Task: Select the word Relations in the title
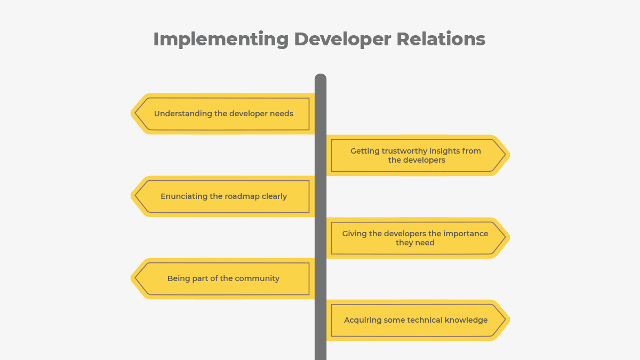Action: [441, 39]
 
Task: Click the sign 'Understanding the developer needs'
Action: [224, 114]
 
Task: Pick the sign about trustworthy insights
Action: [416, 155]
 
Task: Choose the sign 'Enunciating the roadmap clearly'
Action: [224, 196]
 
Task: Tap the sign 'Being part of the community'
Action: [224, 278]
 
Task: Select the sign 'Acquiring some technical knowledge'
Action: [416, 320]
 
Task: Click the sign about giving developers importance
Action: [416, 238]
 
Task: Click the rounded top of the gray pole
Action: [321, 78]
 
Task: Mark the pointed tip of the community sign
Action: [133, 278]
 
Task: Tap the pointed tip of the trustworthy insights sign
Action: [507, 155]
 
